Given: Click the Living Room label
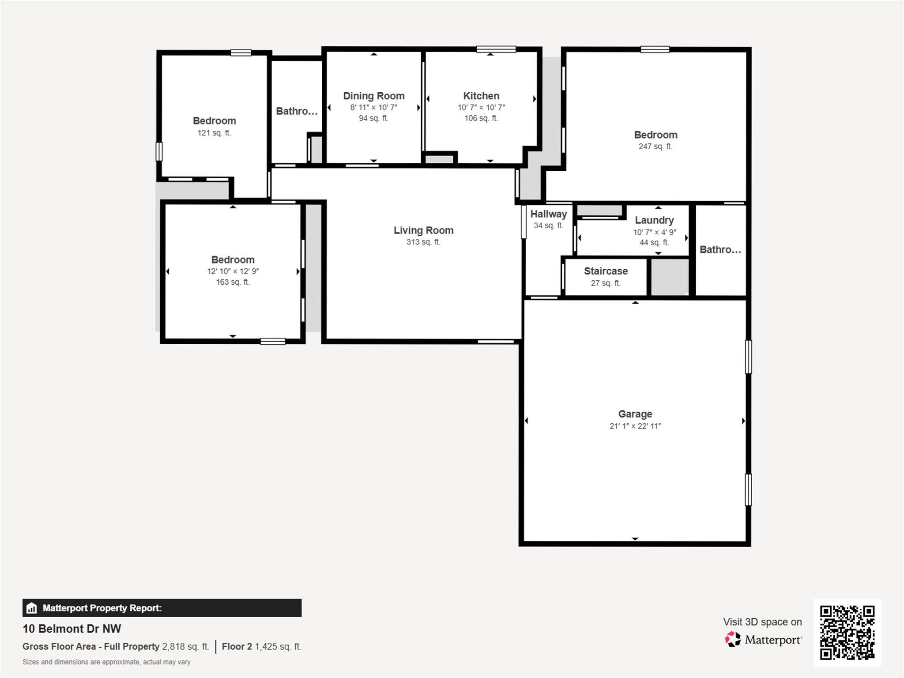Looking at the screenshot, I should pos(423,230).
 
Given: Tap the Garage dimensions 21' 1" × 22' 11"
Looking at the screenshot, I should pos(635,426).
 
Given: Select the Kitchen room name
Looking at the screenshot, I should pos(481,96).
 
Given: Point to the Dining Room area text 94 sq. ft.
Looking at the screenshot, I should pos(373,118).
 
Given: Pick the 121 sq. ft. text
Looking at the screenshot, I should pos(214,133).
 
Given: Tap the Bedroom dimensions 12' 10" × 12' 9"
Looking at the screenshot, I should pos(233,271).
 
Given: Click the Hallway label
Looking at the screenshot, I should pos(548,214).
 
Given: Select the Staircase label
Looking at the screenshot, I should pos(606,271).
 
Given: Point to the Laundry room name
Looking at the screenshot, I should pos(654,220).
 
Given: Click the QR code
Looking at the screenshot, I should pos(847,632).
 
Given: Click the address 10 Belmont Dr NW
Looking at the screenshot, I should pos(72,629).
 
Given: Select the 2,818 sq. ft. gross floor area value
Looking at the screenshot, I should pos(185,647).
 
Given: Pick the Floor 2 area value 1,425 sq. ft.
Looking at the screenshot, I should pos(278,647).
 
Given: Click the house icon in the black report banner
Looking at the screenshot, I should pos(31,608).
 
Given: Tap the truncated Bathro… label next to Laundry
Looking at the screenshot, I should pos(720,250).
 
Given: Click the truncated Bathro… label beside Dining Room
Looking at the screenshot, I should pos(297,111).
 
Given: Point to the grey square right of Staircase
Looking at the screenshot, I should pos(670,277).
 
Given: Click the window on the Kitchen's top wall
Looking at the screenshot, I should pos(496,49).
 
